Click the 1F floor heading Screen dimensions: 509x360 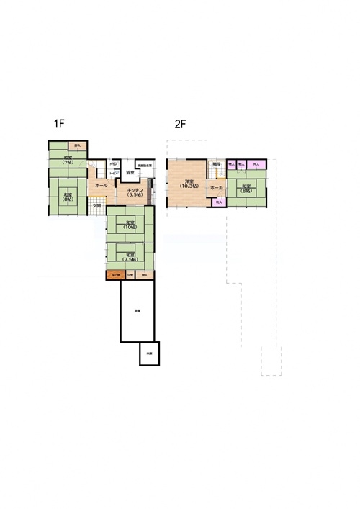[59, 123]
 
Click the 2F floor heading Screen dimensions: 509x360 [181, 123]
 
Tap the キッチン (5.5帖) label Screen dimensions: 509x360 [134, 191]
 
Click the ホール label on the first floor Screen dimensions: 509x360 [101, 186]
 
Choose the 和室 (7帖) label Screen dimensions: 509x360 [67, 160]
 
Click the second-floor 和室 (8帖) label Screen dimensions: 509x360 [246, 189]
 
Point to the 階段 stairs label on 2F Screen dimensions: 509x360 [216, 165]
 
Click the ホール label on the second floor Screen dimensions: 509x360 [216, 187]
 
